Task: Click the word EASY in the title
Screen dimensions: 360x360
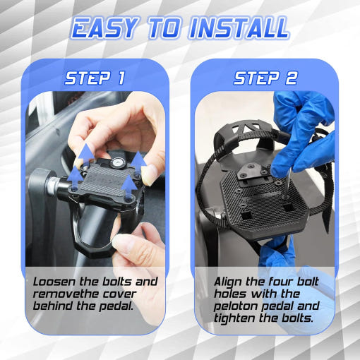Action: [x=104, y=28]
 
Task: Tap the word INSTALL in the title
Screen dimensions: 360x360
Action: [x=239, y=28]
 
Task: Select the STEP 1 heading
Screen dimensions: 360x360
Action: [x=95, y=78]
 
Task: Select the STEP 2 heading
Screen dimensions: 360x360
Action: [x=265, y=78]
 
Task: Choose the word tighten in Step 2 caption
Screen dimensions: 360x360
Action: [x=234, y=318]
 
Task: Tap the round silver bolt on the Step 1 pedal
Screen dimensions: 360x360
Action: [x=116, y=162]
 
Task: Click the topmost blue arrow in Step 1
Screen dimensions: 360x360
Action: [x=86, y=152]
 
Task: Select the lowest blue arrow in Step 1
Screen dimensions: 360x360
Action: [x=129, y=184]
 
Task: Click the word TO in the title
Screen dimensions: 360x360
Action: [x=164, y=28]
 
